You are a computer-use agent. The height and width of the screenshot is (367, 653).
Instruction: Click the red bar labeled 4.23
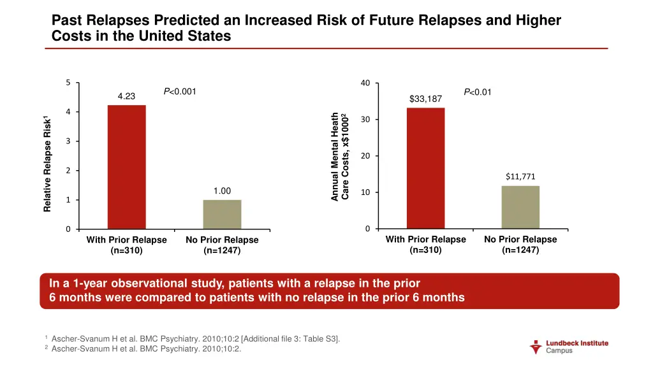click(x=126, y=167)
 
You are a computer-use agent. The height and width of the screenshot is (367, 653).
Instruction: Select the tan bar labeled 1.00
click(x=222, y=214)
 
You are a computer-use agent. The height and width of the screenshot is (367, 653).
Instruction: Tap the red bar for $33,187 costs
click(x=425, y=168)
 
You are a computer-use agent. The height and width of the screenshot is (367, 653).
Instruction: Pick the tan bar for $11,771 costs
click(x=520, y=207)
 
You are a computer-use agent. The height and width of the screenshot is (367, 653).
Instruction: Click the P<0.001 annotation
click(x=180, y=92)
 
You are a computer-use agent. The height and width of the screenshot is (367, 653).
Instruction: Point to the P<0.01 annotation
click(x=478, y=92)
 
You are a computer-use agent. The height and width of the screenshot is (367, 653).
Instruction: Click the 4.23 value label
click(x=126, y=96)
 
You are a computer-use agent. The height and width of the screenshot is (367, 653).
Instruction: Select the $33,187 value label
click(x=425, y=99)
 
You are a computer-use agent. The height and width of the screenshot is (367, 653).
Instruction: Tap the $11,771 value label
click(x=520, y=177)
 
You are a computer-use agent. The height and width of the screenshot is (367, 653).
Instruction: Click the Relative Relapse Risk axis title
click(x=47, y=164)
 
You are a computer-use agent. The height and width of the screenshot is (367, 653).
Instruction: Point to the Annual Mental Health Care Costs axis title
click(x=339, y=156)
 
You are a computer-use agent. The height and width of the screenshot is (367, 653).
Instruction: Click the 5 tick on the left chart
click(x=68, y=83)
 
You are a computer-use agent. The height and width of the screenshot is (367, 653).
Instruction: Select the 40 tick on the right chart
click(x=364, y=83)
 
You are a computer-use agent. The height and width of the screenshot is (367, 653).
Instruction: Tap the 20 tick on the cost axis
click(x=364, y=156)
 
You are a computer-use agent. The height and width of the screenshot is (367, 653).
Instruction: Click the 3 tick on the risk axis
click(x=68, y=141)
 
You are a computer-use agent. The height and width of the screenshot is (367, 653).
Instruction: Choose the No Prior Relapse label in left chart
click(x=222, y=245)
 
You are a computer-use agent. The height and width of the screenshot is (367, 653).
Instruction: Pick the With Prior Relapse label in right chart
click(x=425, y=245)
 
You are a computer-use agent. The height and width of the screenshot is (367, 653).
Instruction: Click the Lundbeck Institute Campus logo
click(x=569, y=347)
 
